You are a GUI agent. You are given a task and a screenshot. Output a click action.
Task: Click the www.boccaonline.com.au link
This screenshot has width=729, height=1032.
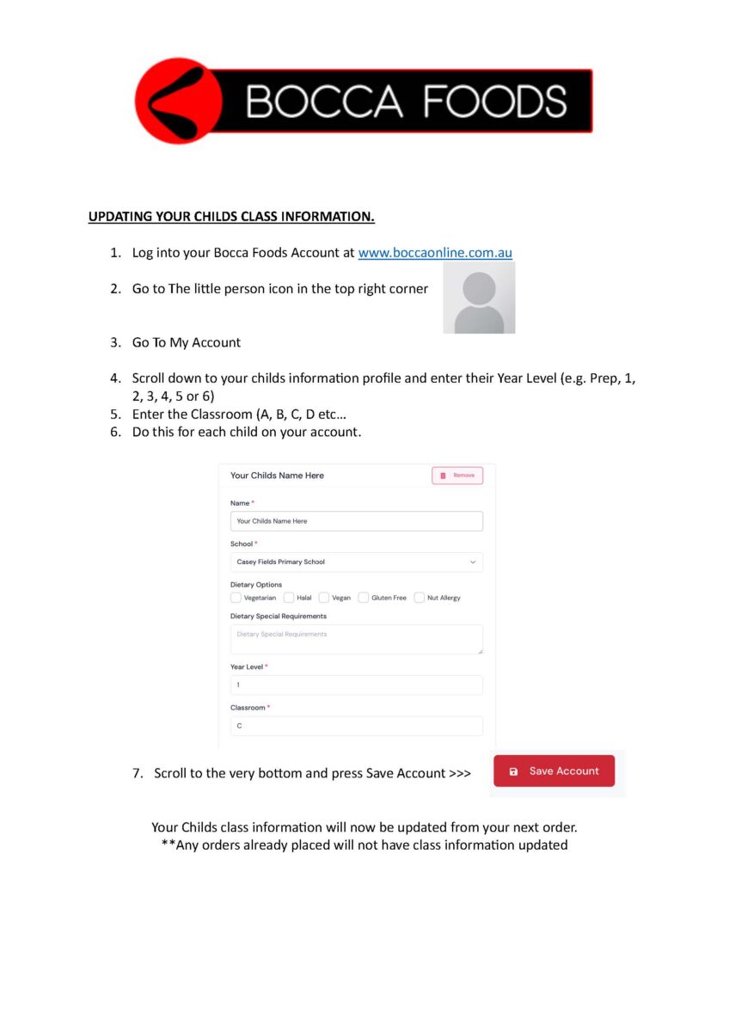point(435,253)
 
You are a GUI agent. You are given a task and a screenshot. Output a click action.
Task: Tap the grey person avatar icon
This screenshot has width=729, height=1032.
point(479,298)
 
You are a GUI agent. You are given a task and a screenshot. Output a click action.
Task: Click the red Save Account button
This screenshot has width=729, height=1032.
point(554,771)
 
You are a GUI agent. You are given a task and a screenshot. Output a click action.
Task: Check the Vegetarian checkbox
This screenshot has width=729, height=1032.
point(236,598)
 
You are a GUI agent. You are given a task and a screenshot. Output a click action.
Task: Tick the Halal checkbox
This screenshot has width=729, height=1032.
point(289,598)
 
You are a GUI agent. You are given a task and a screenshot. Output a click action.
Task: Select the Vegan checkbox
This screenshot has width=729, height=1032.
point(324,598)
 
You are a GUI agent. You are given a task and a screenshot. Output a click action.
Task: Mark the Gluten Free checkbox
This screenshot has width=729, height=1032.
point(364,598)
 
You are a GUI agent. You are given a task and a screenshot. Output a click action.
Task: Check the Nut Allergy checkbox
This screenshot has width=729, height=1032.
point(420,598)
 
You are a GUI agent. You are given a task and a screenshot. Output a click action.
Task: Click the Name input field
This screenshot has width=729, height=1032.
point(356,521)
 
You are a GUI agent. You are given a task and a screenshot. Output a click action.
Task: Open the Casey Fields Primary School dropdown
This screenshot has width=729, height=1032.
point(356,562)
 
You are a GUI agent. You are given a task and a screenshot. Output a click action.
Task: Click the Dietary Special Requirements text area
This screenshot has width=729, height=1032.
point(356,639)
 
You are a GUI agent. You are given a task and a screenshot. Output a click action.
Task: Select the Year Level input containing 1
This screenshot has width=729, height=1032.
point(356,685)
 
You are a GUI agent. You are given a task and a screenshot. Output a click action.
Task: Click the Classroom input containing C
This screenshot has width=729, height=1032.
point(356,726)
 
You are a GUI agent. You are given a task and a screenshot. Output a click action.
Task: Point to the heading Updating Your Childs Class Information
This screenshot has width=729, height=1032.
point(231,216)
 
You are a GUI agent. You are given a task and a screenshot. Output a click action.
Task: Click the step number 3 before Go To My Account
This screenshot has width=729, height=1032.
point(114,342)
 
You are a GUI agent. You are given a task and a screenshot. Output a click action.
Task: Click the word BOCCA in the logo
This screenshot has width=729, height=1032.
point(324,101)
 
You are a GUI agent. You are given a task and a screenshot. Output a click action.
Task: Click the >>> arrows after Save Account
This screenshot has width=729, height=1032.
point(460,773)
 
